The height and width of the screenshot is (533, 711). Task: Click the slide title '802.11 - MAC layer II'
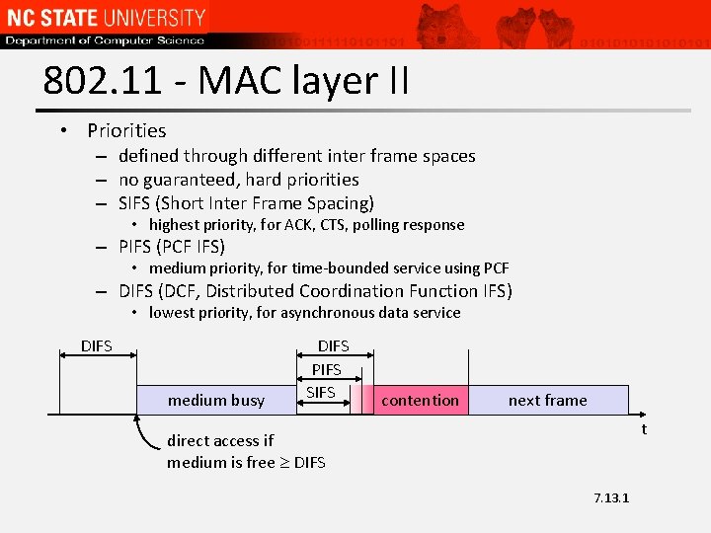[226, 81]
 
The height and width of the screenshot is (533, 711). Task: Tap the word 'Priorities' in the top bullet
[126, 130]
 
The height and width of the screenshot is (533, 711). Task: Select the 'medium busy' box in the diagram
[216, 400]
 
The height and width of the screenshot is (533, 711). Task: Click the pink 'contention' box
[420, 400]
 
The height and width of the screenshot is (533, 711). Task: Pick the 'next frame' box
[547, 400]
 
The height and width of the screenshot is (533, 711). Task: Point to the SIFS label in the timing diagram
[320, 392]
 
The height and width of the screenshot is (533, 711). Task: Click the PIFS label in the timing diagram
[326, 369]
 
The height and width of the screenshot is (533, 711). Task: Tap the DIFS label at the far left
[96, 346]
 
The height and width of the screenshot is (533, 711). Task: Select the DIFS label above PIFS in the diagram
[333, 346]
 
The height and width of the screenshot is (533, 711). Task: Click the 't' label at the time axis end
[644, 428]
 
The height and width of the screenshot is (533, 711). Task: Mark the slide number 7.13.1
[611, 497]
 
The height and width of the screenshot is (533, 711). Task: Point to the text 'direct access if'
[220, 440]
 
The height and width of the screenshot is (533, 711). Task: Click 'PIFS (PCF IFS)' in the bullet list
[172, 247]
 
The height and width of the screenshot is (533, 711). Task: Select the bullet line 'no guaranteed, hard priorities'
[238, 180]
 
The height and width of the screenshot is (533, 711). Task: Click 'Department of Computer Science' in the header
[105, 40]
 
